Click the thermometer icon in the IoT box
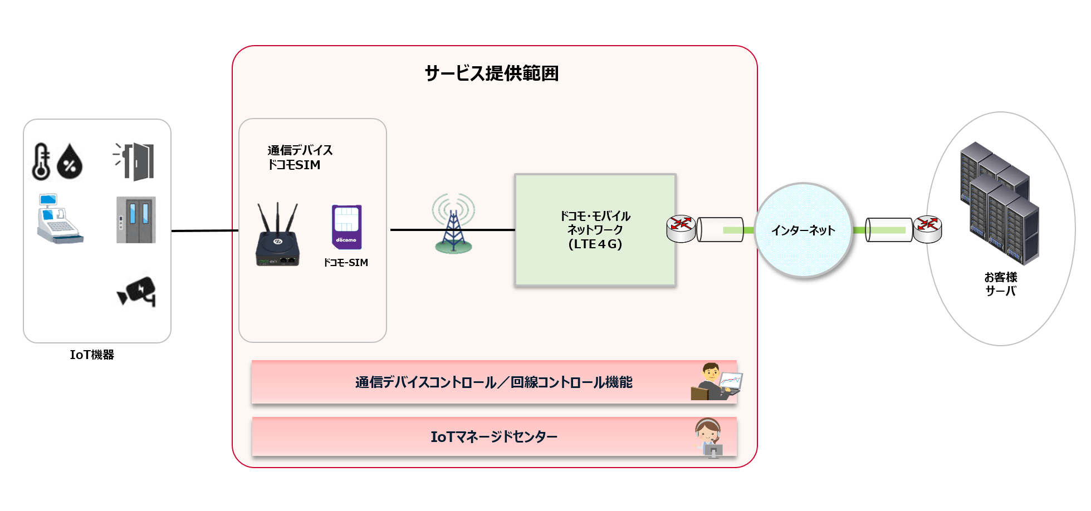pyautogui.click(x=41, y=161)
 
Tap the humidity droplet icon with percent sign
pyautogui.click(x=70, y=162)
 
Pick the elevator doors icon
pyautogui.click(x=136, y=220)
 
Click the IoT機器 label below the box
pyautogui.click(x=92, y=355)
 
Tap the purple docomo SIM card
pyautogui.click(x=346, y=227)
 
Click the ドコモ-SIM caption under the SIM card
pyautogui.click(x=346, y=263)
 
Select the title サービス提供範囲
pyautogui.click(x=492, y=73)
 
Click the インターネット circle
pyautogui.click(x=803, y=230)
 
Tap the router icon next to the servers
pyautogui.click(x=927, y=229)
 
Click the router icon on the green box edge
pyautogui.click(x=681, y=229)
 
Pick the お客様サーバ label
pyautogui.click(x=1000, y=284)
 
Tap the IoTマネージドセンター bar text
pyautogui.click(x=493, y=437)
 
